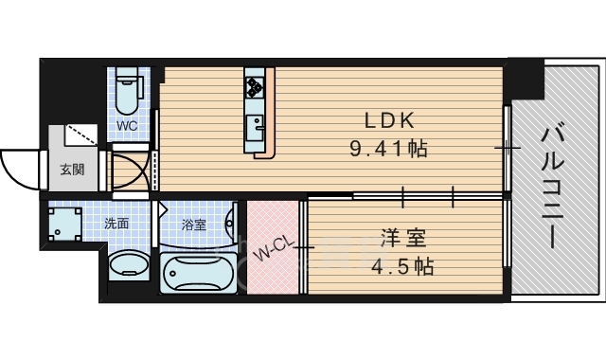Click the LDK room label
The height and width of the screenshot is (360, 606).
(389, 120)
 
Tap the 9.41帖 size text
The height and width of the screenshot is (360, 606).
(388, 149)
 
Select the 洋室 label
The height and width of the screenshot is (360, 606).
(403, 238)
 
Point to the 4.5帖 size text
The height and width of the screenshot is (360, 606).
(401, 266)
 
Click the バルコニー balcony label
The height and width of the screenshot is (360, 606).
(553, 185)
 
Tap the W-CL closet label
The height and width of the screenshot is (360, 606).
(274, 248)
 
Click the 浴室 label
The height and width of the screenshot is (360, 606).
(193, 225)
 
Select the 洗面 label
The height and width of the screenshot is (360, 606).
(116, 224)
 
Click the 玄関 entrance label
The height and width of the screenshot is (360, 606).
(72, 170)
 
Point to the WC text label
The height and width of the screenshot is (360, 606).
(127, 126)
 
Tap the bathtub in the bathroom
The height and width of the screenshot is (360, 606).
(198, 274)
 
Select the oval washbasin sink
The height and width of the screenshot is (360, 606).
(129, 265)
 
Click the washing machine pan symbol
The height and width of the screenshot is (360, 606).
(65, 224)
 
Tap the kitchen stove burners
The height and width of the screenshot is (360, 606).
(255, 87)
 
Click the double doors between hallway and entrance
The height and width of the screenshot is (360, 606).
(130, 171)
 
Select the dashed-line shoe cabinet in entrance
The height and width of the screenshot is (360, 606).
(80, 135)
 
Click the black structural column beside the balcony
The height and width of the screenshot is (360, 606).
(526, 81)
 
